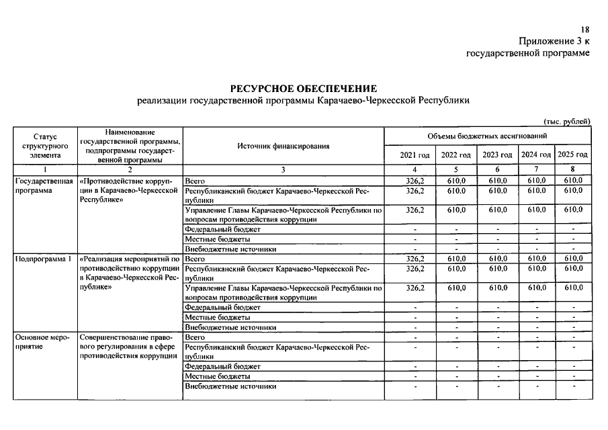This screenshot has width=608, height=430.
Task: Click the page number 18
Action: point(584,30)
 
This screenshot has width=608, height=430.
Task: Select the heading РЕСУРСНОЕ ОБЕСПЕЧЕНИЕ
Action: point(304,89)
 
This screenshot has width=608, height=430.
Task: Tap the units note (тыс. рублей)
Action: point(566,121)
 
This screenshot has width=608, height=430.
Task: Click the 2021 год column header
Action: point(415,155)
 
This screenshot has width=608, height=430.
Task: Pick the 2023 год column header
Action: point(497,155)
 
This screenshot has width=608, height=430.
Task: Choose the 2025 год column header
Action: point(573,155)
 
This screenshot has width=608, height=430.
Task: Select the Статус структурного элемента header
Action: point(45,146)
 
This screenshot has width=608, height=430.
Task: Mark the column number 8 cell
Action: point(573,170)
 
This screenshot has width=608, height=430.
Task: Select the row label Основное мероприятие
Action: point(42,341)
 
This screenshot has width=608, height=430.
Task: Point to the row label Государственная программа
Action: point(44,185)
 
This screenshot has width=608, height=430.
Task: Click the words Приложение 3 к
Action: point(555,41)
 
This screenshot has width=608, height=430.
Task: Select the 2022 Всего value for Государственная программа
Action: point(456,181)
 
